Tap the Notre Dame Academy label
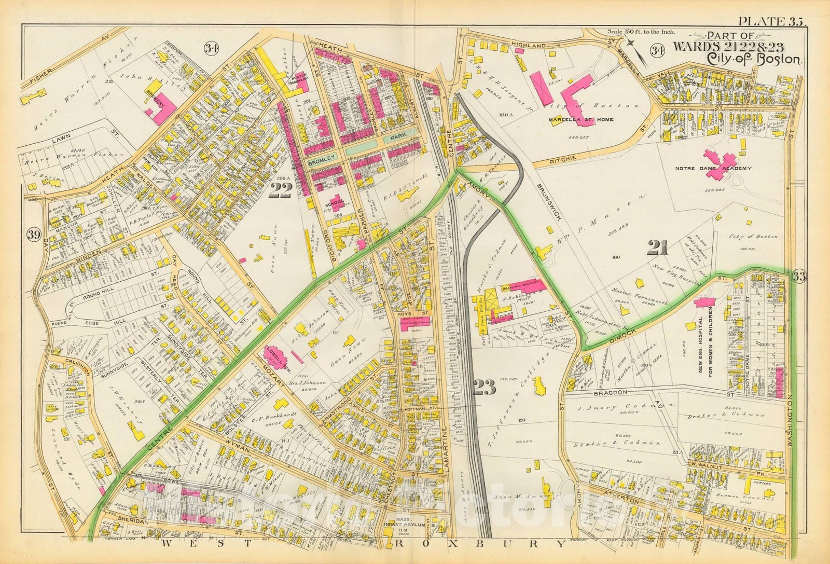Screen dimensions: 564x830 (713, 169)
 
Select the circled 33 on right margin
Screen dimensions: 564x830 (799, 277)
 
